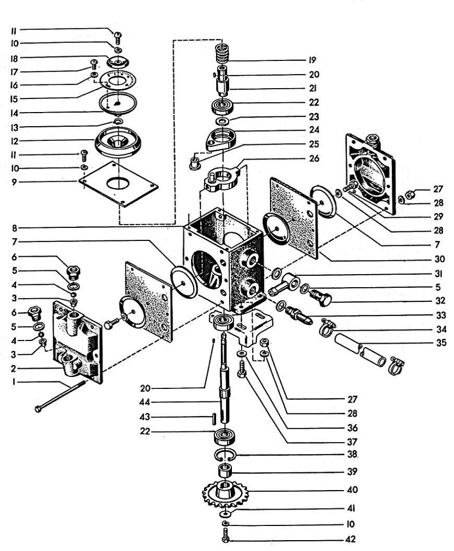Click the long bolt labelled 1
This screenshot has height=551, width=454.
pos(60,396)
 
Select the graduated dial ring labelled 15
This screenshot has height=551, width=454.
pos(114,81)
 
